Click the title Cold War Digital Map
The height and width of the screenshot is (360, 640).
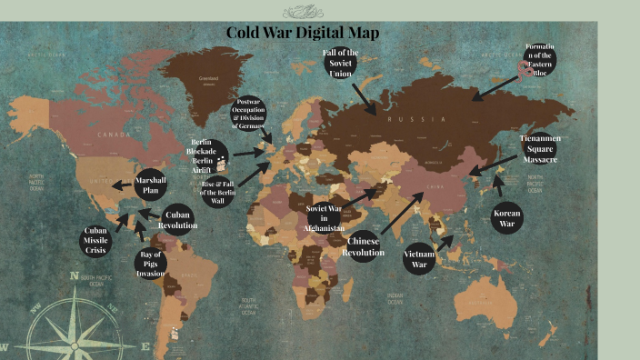tap(303, 34)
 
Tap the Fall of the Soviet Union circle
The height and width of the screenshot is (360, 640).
tap(341, 65)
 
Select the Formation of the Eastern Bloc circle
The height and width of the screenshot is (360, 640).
tap(539, 60)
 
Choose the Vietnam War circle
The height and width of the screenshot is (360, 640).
tap(419, 258)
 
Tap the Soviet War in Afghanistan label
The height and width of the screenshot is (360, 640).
tap(324, 219)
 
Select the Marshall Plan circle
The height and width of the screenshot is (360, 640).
tap(150, 185)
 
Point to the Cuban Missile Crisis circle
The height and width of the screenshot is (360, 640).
tap(95, 240)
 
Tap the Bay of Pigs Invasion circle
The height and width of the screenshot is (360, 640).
tap(151, 262)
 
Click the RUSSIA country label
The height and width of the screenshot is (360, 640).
tap(415, 119)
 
